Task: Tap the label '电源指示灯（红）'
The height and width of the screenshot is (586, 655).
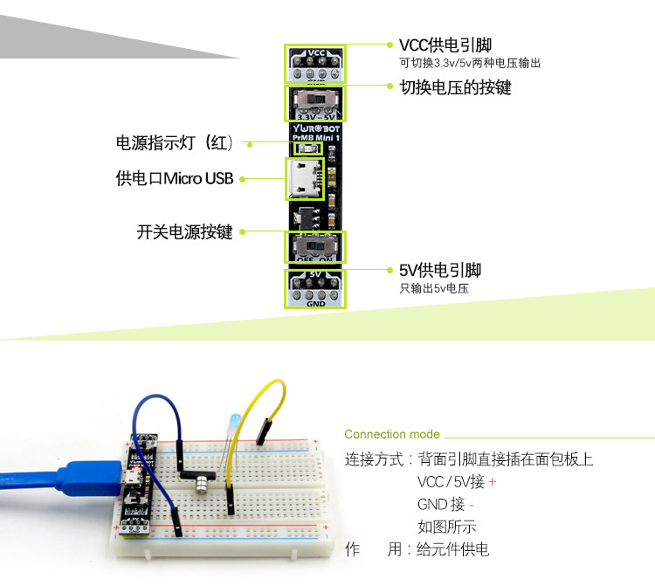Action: [175, 143]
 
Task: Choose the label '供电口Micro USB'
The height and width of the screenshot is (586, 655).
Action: [175, 179]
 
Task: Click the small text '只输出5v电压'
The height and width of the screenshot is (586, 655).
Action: [433, 288]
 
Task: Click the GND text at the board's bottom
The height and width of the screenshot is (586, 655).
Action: [316, 303]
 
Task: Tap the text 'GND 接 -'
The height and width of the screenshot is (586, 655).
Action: [445, 505]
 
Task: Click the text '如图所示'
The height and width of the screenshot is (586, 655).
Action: [447, 527]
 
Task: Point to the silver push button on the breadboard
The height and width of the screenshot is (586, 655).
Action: [200, 479]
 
